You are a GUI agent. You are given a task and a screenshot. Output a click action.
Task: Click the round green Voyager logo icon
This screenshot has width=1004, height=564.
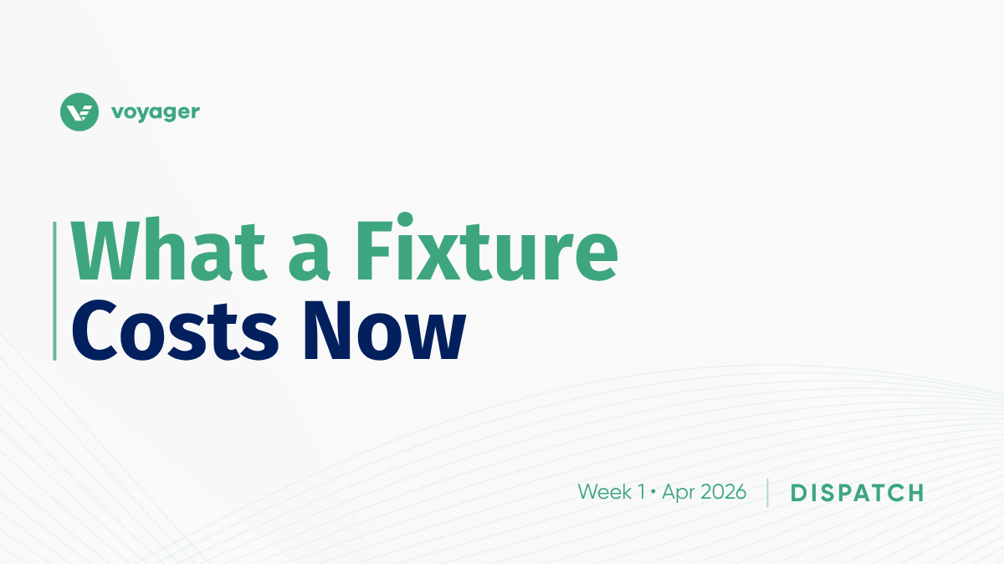[x=79, y=111]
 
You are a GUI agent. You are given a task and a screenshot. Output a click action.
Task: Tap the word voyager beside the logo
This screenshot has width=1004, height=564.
[x=156, y=112]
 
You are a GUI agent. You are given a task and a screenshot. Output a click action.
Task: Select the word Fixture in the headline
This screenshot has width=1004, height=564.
[x=487, y=246]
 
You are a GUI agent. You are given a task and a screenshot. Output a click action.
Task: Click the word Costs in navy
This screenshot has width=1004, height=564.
[x=175, y=331]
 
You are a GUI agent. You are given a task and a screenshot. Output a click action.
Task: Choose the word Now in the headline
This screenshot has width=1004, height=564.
[x=385, y=331]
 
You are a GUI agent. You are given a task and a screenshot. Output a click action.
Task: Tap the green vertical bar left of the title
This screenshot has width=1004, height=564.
[x=54, y=291]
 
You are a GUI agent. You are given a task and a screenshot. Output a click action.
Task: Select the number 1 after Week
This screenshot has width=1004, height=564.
[x=641, y=492]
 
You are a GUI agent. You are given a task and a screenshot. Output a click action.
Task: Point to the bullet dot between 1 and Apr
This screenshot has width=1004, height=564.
[x=653, y=493]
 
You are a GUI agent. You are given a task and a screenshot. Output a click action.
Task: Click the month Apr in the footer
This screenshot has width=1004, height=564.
[x=679, y=493]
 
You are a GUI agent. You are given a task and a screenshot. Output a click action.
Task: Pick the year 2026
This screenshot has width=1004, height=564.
[x=724, y=492]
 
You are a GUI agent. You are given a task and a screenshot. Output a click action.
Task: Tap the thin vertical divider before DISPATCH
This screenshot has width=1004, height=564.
[x=768, y=493]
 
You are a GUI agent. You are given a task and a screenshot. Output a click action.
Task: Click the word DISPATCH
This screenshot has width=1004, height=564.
[x=858, y=493]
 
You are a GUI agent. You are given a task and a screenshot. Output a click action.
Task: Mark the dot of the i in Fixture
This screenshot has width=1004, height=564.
[x=405, y=219]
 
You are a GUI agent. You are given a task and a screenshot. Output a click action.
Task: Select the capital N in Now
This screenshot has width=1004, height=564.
[x=327, y=331]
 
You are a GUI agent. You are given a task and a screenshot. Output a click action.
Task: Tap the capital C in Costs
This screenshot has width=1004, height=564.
[x=95, y=331]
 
